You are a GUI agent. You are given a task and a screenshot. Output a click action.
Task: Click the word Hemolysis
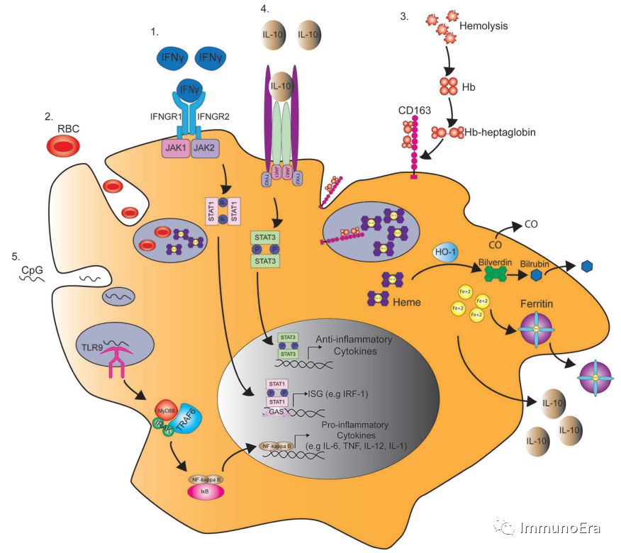tap(484, 26)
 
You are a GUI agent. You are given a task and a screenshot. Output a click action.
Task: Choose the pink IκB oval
tap(206, 492)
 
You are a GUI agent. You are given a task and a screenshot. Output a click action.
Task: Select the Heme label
tap(407, 302)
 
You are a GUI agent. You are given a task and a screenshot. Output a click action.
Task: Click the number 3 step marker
tap(404, 16)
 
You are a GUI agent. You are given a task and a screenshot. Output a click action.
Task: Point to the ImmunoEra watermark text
tap(560, 527)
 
